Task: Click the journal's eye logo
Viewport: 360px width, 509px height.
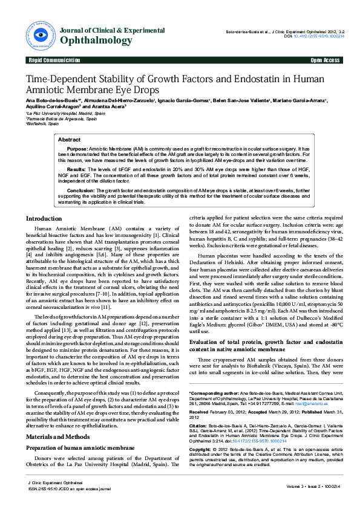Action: pyautogui.click(x=39, y=34)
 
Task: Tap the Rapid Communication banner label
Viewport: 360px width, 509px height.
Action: pyautogui.click(x=54, y=60)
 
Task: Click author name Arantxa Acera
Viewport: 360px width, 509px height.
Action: pyautogui.click(x=108, y=106)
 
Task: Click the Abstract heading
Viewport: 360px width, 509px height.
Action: pyautogui.click(x=69, y=140)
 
